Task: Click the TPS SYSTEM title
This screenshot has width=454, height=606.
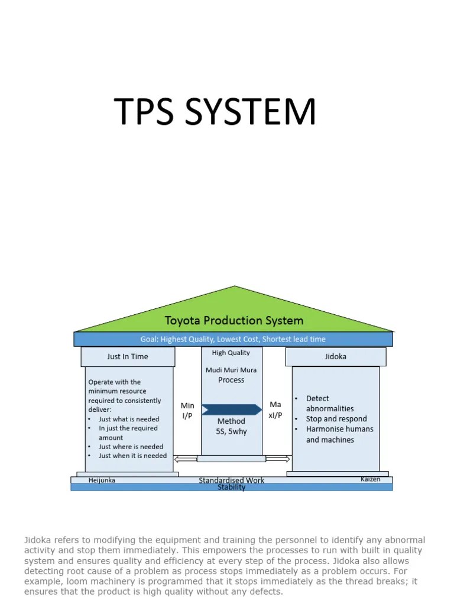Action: (x=215, y=112)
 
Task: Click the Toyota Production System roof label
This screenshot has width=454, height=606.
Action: (x=234, y=321)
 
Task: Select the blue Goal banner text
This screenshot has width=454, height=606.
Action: (x=233, y=339)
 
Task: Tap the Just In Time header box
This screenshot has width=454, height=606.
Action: (x=128, y=357)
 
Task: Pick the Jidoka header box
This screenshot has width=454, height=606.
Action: (x=336, y=357)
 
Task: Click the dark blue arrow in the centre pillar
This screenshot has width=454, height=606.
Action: (x=232, y=410)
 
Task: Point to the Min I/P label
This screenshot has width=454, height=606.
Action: (x=187, y=410)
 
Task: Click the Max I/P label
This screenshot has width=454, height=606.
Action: (x=276, y=410)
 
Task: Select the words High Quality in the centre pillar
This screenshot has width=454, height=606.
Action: (x=231, y=353)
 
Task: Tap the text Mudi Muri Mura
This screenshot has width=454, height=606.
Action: (x=231, y=370)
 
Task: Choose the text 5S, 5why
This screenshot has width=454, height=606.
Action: (x=231, y=431)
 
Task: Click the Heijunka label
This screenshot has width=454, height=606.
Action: (x=102, y=481)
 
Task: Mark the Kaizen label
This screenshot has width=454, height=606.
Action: (x=371, y=479)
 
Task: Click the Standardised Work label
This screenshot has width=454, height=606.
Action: (x=232, y=481)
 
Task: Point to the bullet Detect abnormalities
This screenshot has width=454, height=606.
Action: (x=330, y=404)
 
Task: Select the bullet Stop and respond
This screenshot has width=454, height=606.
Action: (x=336, y=419)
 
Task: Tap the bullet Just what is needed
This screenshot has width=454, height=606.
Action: (x=129, y=419)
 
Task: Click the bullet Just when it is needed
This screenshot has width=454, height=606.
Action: (x=132, y=456)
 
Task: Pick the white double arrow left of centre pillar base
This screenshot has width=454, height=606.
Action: (x=186, y=458)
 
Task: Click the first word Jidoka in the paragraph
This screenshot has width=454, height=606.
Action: (x=36, y=540)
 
